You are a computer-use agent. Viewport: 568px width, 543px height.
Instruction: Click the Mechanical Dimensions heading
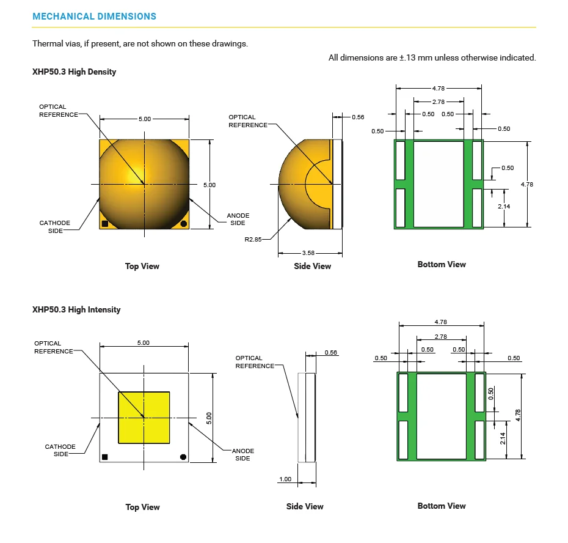94,17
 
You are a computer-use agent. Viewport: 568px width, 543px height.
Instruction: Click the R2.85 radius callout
253,240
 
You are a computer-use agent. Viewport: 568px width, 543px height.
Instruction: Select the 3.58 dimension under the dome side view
309,253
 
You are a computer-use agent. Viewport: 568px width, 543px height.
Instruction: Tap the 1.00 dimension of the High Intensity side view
285,479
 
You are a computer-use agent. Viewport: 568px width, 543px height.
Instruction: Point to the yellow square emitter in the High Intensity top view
144,418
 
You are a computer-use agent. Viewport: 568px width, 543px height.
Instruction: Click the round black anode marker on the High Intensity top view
183,457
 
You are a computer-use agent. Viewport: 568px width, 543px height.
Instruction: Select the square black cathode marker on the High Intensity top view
104,457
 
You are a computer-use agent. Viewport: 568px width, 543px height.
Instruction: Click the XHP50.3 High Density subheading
74,72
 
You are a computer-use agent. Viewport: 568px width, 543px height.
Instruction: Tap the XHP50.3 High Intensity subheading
76,309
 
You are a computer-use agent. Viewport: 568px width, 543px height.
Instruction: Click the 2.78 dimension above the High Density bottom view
438,102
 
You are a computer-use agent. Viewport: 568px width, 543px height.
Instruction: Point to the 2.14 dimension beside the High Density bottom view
504,207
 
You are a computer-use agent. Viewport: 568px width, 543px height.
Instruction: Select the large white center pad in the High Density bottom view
439,183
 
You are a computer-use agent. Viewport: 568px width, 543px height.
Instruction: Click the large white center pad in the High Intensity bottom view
442,416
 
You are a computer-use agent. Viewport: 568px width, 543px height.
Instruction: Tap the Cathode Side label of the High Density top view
55,227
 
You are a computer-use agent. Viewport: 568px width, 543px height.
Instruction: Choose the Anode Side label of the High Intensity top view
242,454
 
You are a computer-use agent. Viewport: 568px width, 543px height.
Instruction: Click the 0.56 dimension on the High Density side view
358,117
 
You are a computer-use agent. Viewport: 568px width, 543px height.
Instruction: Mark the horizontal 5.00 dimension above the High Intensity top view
144,343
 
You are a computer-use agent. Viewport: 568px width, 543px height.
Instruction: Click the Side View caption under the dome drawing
313,266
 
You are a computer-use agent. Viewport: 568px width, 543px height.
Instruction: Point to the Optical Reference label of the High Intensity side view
255,362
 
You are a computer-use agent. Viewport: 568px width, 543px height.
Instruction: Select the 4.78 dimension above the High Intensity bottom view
441,322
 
